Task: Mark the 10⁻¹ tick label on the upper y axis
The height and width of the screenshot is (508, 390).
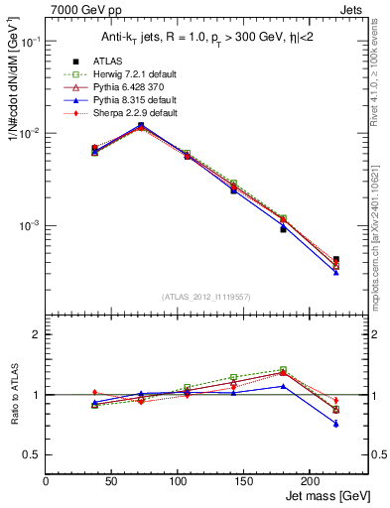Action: (29, 42)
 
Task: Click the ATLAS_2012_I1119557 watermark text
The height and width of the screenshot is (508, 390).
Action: (206, 297)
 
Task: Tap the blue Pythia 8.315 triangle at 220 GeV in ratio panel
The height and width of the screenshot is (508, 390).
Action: (335, 424)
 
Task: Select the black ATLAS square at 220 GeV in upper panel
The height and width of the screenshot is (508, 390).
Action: (335, 259)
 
